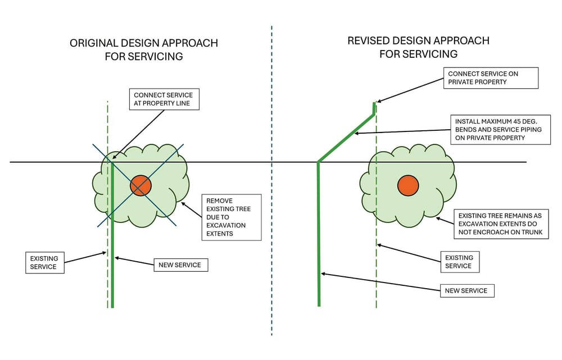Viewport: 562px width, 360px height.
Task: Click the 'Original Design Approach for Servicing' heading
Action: (143, 49)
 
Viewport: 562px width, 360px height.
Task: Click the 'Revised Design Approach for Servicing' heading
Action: (418, 47)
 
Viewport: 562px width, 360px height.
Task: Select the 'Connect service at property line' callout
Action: (164, 99)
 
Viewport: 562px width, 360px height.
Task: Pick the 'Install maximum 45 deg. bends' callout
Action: (501, 129)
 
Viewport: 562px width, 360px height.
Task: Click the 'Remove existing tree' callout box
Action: (231, 217)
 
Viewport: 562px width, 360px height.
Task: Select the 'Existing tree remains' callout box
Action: (501, 224)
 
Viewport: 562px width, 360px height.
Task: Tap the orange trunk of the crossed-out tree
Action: (140, 185)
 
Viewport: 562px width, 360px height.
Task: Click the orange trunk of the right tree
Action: (407, 186)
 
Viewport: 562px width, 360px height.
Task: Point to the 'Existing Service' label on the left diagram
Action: (44, 262)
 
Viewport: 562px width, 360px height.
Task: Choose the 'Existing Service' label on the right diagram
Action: (459, 261)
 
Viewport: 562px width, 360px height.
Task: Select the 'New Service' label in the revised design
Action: (466, 290)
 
